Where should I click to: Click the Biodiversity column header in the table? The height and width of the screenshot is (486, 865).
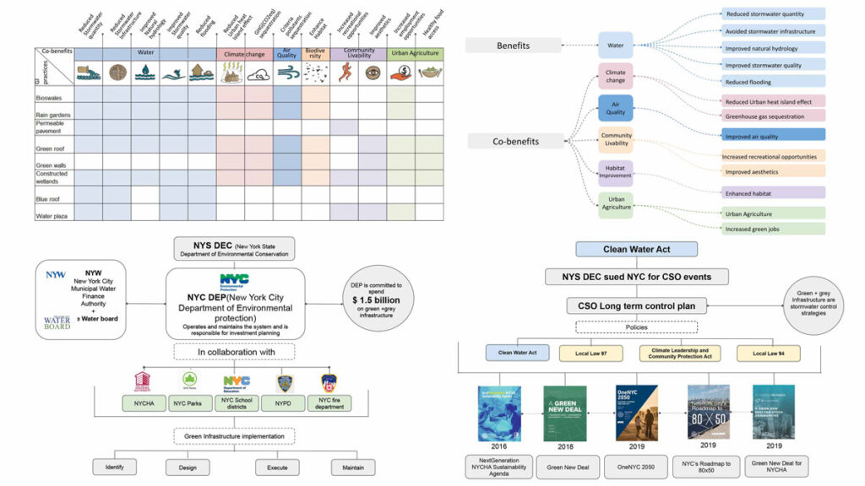[x=315, y=54]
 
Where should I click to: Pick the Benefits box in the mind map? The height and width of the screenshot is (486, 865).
[x=514, y=46]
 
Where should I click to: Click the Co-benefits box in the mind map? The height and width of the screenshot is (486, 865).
[x=514, y=141]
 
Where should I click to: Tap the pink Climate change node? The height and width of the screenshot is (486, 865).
[x=616, y=77]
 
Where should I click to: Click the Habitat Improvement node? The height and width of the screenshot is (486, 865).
[x=616, y=172]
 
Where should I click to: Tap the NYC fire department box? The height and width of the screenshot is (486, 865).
[x=329, y=402]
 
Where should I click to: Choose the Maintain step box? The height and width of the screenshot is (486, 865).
[x=352, y=467]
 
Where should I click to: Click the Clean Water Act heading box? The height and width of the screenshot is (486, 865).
[x=636, y=249]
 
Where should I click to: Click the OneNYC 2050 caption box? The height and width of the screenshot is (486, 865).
[x=637, y=466]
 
